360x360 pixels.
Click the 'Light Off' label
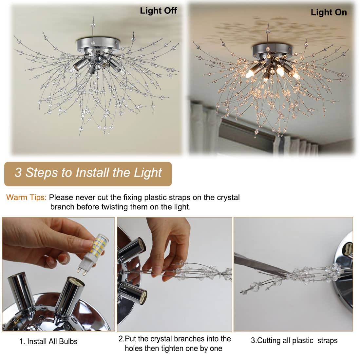[x=159, y=10]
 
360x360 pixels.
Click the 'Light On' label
[x=329, y=12]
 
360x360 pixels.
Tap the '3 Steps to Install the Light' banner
[x=88, y=174]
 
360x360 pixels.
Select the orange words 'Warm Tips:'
[x=27, y=197]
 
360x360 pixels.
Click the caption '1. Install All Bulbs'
[x=48, y=341]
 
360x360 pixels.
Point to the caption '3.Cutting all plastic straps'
[x=294, y=340]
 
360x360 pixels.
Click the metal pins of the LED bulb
[x=82, y=271]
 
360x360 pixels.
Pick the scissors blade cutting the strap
[x=262, y=264]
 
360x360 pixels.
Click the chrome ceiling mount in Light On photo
[x=272, y=50]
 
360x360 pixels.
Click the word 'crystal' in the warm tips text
[x=228, y=197]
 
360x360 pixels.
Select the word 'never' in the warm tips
[x=85, y=198]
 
